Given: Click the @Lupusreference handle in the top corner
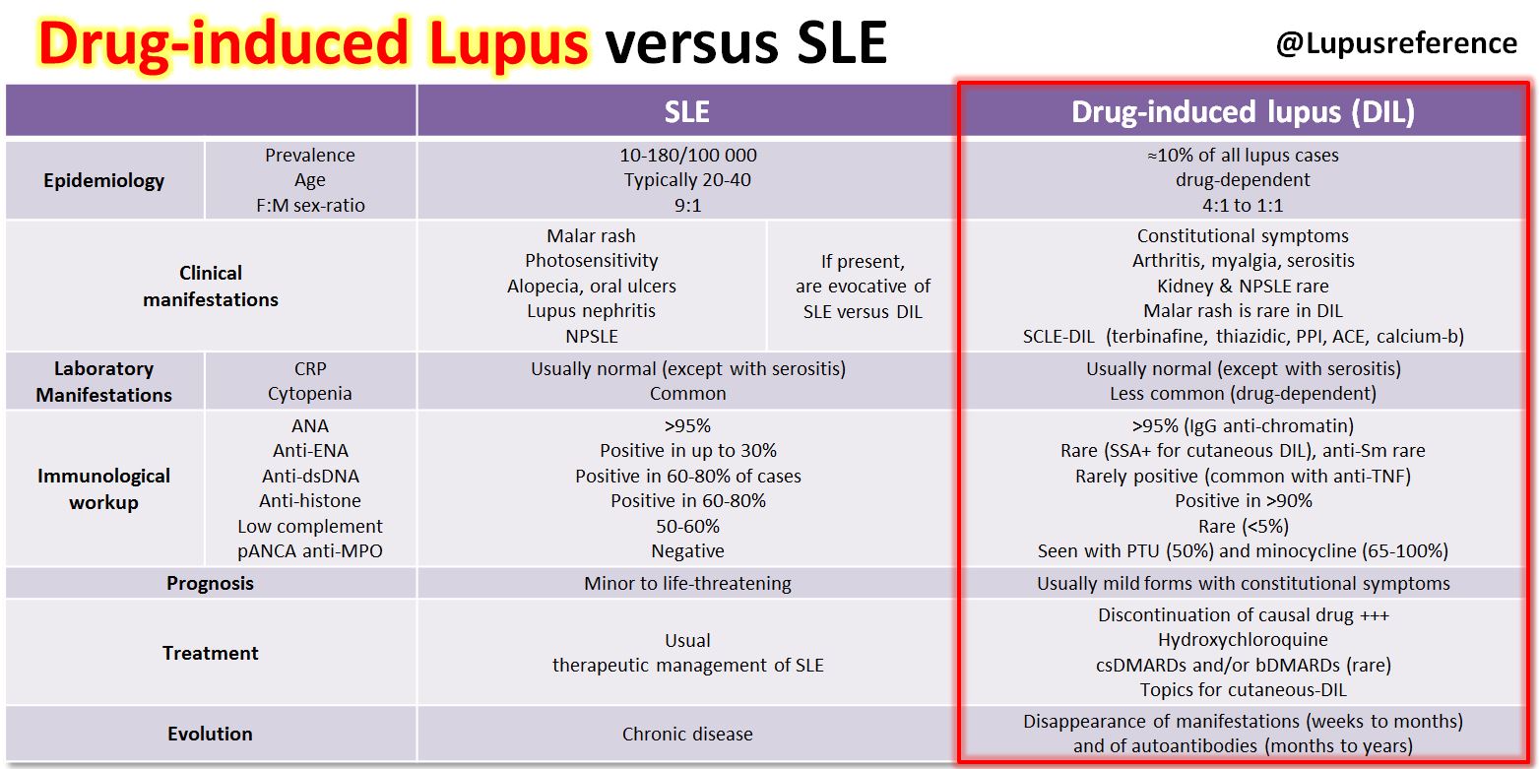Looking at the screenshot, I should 1395,43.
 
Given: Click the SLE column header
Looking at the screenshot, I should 686,111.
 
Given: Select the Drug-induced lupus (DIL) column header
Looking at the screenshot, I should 1243,111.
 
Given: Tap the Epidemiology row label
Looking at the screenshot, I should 104,180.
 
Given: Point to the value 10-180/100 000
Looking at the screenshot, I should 687,156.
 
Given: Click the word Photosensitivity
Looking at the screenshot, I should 591,261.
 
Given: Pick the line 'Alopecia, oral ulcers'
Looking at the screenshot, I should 591,287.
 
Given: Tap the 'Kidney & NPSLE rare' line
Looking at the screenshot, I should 1243,287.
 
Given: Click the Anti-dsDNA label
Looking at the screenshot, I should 310,477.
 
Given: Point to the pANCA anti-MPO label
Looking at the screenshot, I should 310,551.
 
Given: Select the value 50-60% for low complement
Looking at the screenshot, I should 687,527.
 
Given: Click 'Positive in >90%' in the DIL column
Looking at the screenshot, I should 1243,501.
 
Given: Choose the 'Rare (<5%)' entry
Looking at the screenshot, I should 1243,527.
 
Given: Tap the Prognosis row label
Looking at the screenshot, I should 210,583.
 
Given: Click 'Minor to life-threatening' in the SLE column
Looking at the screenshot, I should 687,583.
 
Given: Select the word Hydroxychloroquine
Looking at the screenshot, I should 1243,640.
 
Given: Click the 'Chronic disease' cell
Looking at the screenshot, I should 687,734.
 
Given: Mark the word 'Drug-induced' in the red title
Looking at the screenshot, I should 223,43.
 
